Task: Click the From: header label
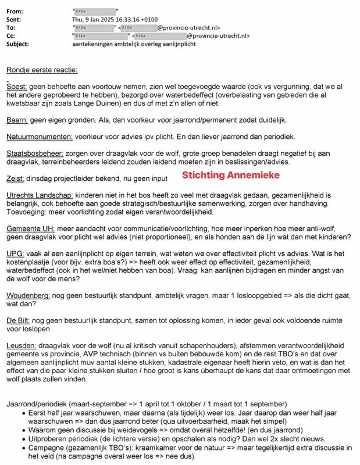16,11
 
